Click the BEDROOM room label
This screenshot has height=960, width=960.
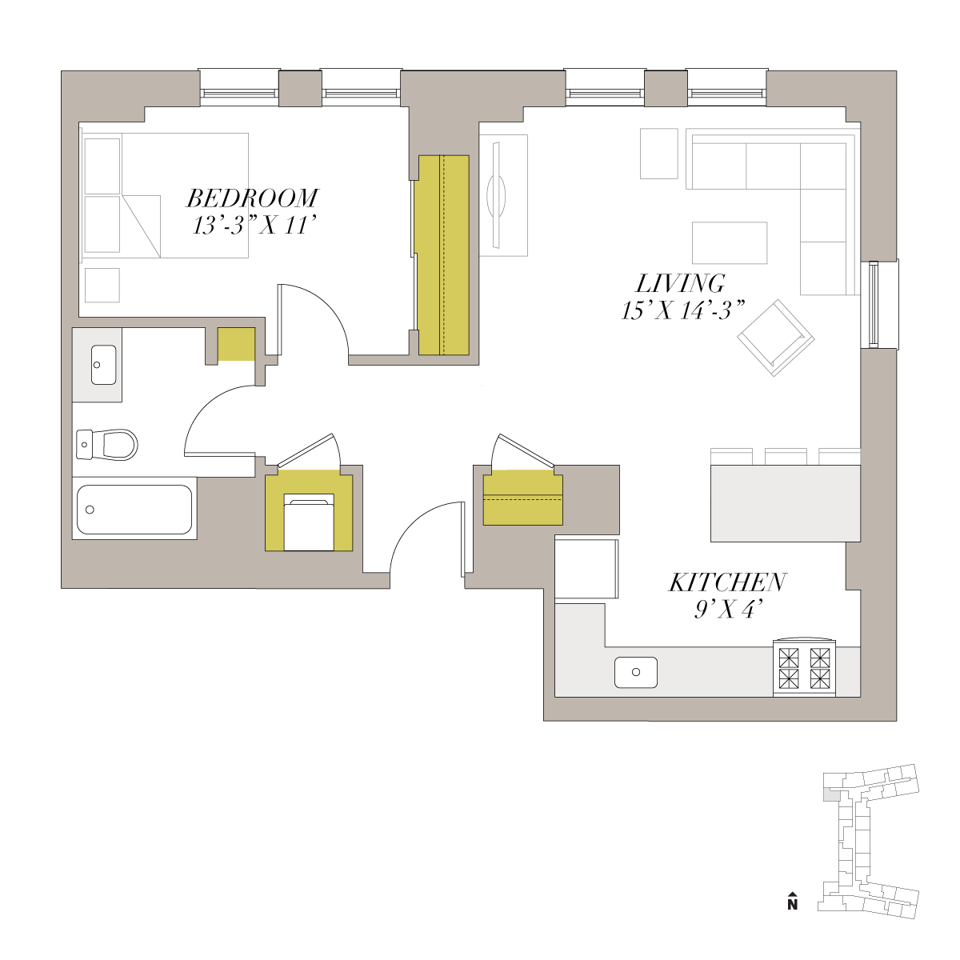click(252, 198)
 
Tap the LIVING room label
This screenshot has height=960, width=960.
click(681, 283)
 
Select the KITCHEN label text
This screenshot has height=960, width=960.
click(727, 582)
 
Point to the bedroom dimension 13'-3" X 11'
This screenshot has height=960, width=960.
click(254, 226)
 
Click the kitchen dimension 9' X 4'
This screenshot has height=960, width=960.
click(729, 610)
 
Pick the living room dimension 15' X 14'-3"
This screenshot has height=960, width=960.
click(682, 311)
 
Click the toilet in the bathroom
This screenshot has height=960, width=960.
click(106, 444)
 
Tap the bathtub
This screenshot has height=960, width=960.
click(134, 509)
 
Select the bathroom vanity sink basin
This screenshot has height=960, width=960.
click(104, 365)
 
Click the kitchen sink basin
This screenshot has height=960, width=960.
click(636, 672)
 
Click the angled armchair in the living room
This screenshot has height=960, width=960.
click(776, 338)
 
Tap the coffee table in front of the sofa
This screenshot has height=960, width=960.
click(730, 242)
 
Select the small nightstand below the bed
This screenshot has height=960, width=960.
click(102, 285)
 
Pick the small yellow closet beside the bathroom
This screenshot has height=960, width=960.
click(237, 344)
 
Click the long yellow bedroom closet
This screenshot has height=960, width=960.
click(443, 255)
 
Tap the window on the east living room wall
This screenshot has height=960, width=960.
click(874, 304)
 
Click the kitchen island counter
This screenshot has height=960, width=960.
click(785, 503)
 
